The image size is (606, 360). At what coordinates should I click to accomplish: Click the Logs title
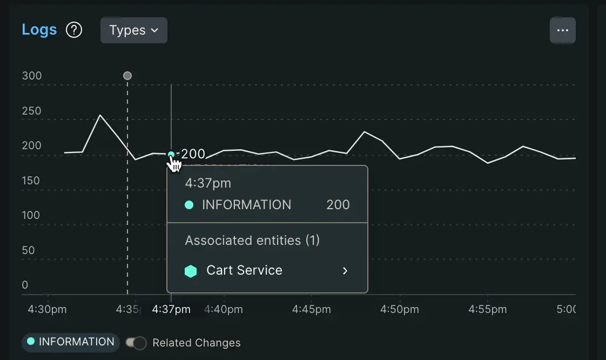(39, 30)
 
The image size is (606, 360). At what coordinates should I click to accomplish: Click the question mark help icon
(74, 30)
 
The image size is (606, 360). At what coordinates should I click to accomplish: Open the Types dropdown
(133, 30)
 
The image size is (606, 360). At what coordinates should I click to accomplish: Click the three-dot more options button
(562, 30)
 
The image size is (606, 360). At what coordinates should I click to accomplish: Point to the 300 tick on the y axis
(32, 76)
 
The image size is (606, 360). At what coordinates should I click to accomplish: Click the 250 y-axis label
(32, 111)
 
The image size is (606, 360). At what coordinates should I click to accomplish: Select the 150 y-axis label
(32, 181)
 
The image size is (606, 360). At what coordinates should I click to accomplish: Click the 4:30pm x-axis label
(48, 310)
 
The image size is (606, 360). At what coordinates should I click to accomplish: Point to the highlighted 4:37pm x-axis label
(171, 310)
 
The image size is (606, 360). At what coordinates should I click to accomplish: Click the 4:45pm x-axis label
(312, 310)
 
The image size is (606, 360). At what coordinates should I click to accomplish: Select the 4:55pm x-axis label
(488, 310)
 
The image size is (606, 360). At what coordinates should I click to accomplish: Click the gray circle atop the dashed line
(127, 76)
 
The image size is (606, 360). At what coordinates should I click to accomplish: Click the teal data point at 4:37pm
(171, 155)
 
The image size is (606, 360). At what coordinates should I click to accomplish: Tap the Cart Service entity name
(244, 270)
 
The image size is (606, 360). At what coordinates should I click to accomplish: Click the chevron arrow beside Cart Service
(345, 271)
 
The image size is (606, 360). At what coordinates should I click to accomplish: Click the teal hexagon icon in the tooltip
(191, 271)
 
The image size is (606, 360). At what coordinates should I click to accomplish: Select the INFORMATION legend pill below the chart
(71, 342)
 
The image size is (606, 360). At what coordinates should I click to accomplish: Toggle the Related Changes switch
(136, 343)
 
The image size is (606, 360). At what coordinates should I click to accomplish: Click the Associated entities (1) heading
(252, 241)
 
